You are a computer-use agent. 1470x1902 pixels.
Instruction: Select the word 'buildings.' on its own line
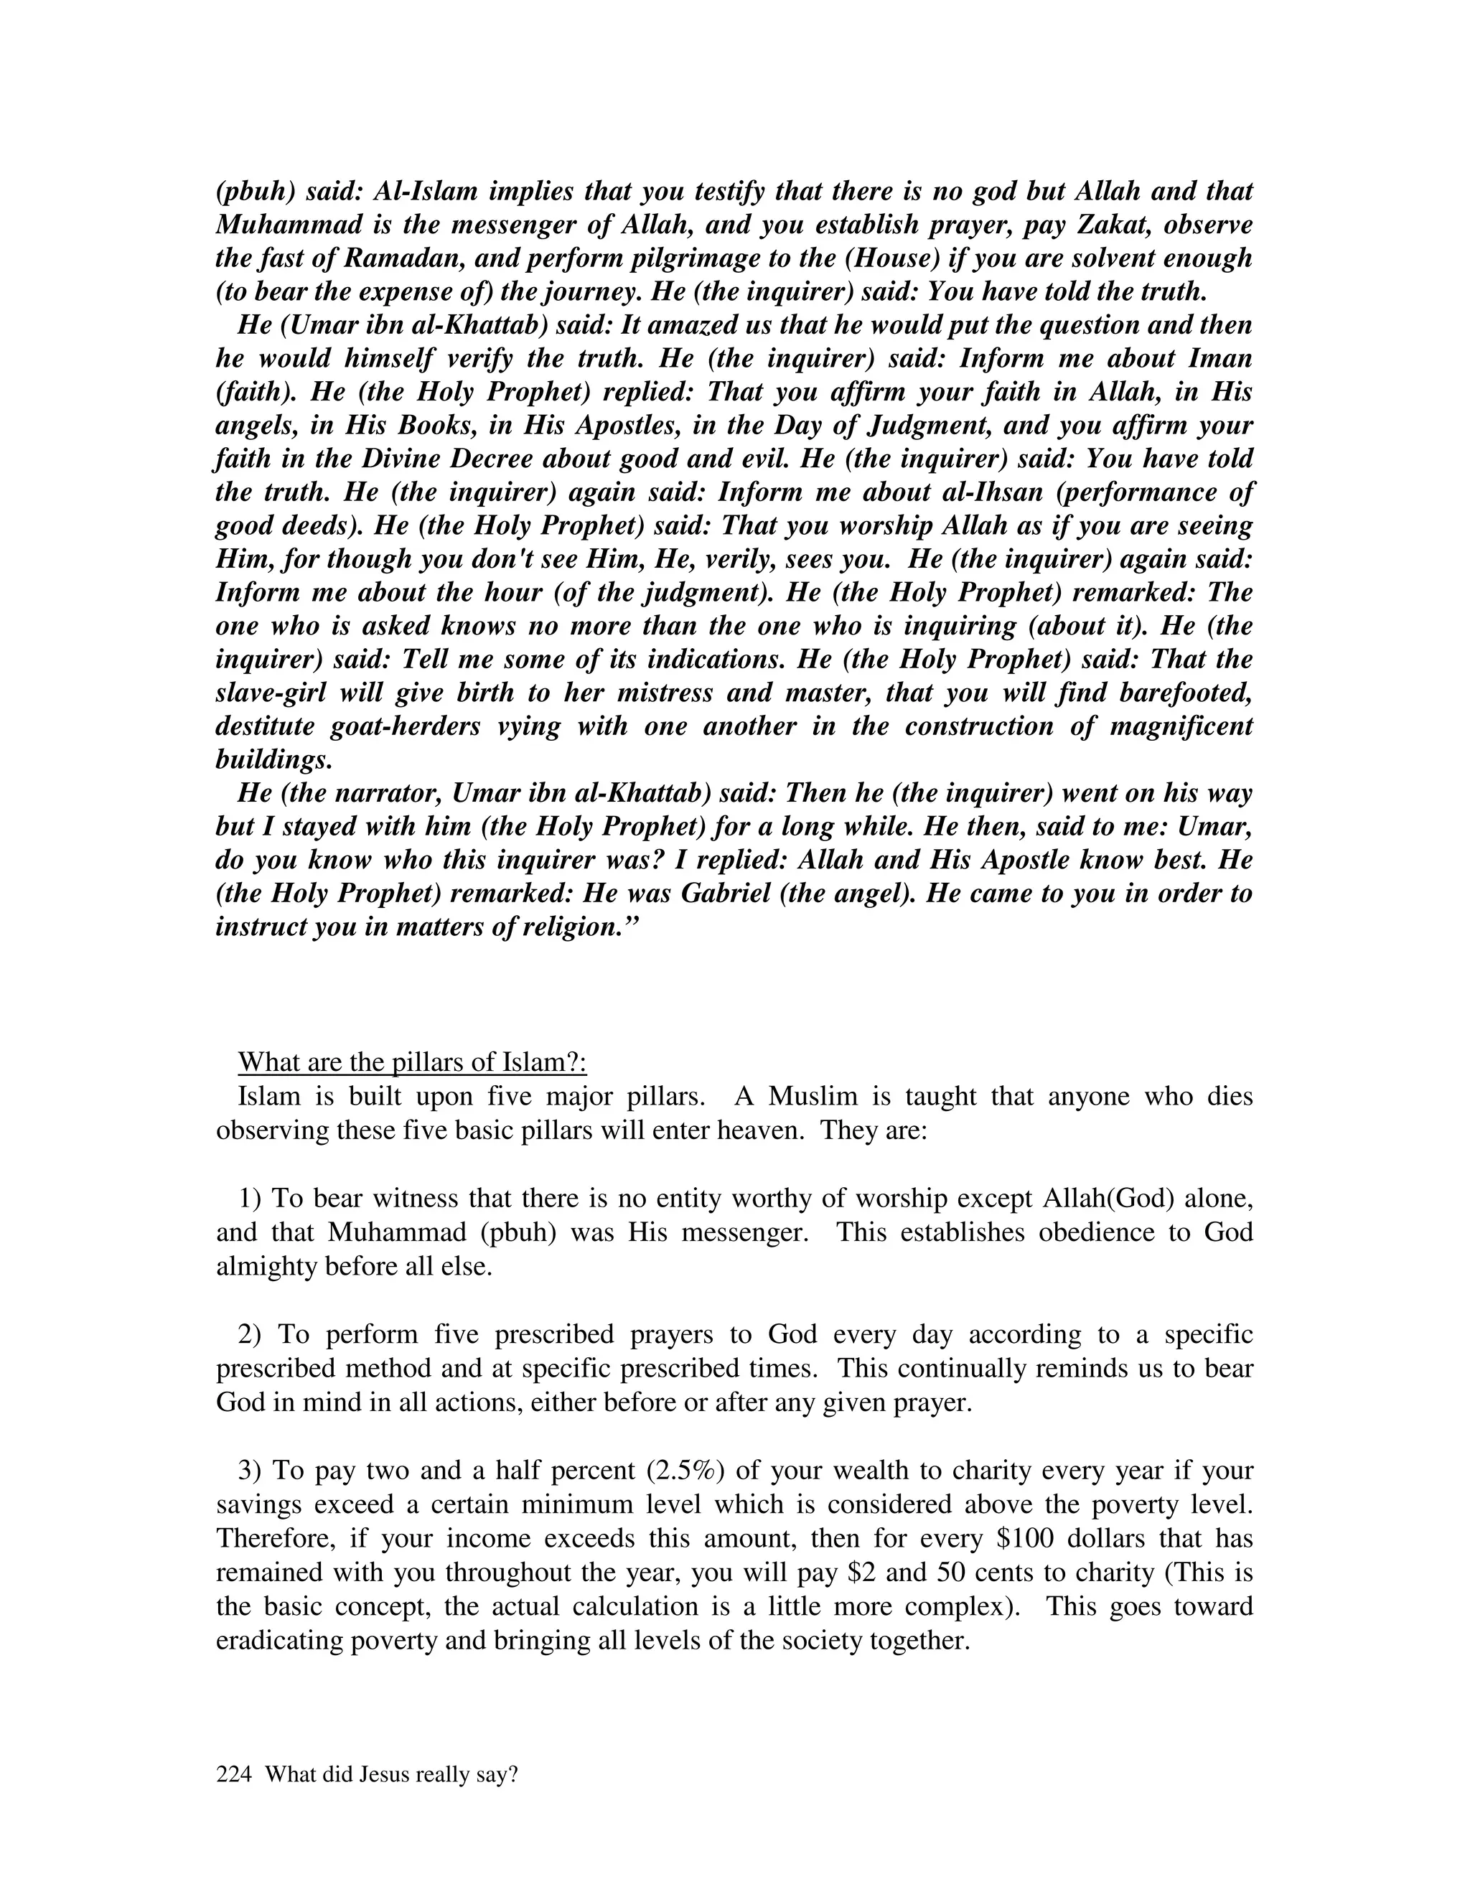click(x=274, y=760)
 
